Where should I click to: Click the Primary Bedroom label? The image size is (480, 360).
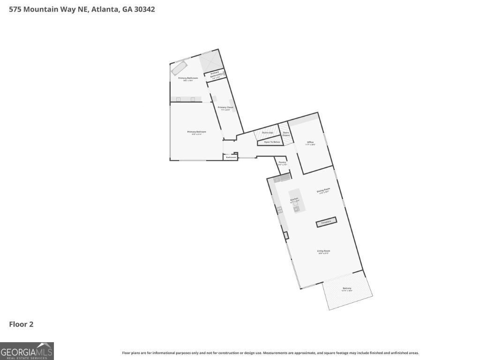(x=196, y=132)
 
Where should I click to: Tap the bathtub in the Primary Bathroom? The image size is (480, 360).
(x=179, y=68)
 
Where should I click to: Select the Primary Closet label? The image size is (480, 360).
(x=225, y=108)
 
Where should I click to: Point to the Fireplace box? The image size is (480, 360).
(x=326, y=222)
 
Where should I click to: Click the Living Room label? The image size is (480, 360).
(x=323, y=251)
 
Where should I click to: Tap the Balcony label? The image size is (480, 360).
(x=347, y=288)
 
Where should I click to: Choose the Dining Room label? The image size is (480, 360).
(x=323, y=190)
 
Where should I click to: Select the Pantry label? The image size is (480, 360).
(x=282, y=163)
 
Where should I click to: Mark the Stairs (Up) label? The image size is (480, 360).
(x=268, y=133)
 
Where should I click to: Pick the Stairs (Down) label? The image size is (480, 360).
(x=286, y=134)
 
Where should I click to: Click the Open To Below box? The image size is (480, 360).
(x=272, y=142)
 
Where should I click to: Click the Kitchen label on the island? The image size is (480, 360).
(x=294, y=200)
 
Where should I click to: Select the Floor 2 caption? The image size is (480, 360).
(x=21, y=324)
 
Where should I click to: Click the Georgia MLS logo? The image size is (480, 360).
(x=27, y=351)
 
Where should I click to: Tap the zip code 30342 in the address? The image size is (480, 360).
(x=143, y=9)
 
